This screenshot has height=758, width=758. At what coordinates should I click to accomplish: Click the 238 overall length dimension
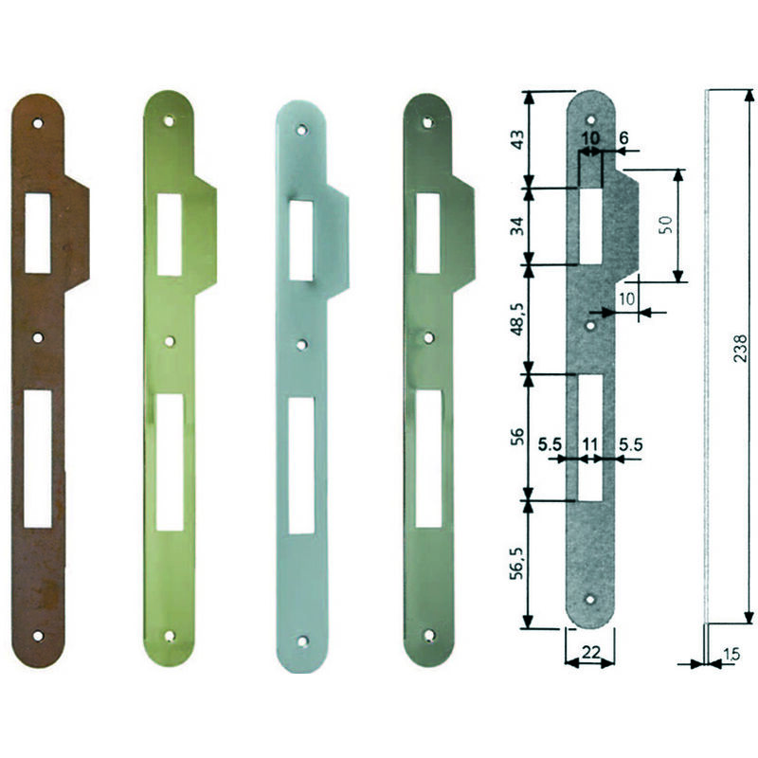tap(740, 348)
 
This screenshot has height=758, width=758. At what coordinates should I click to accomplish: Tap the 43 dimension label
tap(517, 139)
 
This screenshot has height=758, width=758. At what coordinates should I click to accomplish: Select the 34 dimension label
tap(517, 226)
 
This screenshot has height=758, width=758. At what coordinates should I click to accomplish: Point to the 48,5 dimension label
tap(517, 319)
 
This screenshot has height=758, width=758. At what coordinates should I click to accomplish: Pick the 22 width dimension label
tap(590, 652)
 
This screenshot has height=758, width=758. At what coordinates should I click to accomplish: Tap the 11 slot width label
tap(589, 444)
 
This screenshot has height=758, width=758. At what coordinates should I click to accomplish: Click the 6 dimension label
tap(623, 138)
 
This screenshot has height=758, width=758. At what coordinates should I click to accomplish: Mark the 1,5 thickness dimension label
tap(731, 655)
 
